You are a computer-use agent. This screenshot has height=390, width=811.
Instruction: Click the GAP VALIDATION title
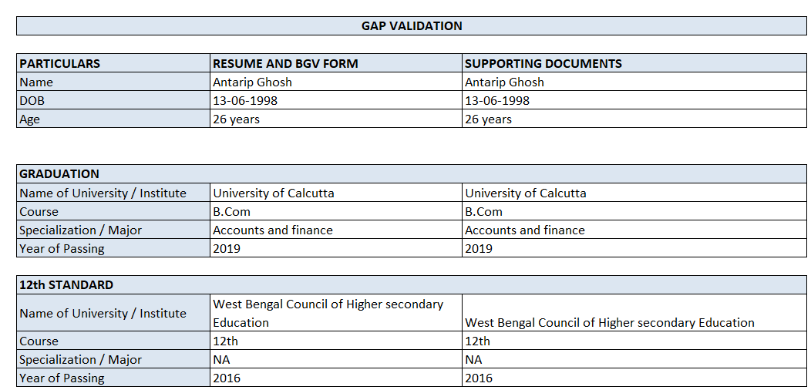[412, 26]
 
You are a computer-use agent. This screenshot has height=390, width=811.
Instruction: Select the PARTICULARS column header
[60, 64]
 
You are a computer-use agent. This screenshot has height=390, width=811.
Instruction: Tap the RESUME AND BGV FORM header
[285, 64]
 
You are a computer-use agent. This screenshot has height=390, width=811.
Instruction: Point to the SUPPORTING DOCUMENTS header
[543, 64]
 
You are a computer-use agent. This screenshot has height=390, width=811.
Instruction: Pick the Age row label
[29, 119]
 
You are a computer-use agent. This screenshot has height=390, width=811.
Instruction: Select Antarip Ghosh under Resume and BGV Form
[252, 82]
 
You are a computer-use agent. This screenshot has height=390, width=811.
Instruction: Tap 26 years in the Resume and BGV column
[236, 119]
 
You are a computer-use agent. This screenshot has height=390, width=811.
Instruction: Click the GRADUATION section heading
[59, 174]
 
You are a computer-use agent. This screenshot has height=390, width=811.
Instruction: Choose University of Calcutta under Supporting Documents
[525, 193]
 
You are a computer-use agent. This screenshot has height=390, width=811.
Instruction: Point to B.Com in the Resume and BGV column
[231, 212]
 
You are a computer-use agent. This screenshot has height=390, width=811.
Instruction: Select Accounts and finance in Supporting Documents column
[524, 230]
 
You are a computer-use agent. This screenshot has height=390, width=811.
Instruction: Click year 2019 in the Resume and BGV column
[227, 249]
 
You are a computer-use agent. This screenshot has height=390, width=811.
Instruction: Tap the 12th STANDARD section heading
[66, 285]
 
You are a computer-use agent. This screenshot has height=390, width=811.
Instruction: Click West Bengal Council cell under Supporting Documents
[609, 323]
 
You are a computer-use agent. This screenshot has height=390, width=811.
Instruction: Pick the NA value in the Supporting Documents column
[473, 360]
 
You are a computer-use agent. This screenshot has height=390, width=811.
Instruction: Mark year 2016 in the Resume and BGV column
[227, 378]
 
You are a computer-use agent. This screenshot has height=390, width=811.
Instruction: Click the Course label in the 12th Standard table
[39, 341]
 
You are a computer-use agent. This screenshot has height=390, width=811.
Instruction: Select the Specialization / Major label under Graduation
[80, 230]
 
